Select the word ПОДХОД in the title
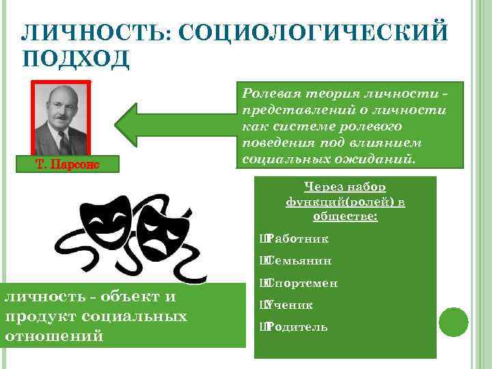coord(76,59)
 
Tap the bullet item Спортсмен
coord(303,283)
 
